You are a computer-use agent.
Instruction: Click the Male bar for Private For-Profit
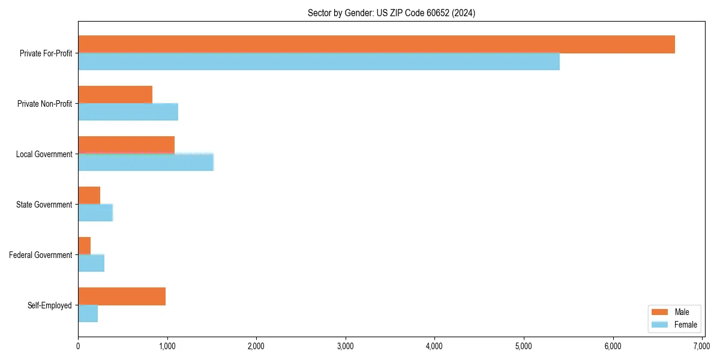(376, 44)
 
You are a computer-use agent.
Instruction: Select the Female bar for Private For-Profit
(319, 61)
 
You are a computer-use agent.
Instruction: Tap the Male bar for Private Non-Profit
(115, 95)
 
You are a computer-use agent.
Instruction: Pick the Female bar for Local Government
(146, 162)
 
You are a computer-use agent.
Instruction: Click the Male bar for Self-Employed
(122, 296)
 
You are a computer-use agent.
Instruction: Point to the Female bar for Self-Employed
(88, 313)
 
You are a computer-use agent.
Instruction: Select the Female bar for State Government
(95, 212)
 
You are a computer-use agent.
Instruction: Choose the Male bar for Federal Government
(84, 246)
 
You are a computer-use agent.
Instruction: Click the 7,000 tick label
(702, 346)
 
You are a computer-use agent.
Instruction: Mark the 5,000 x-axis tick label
(524, 346)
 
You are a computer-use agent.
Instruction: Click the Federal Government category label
(41, 255)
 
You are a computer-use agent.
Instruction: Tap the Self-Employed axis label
(50, 305)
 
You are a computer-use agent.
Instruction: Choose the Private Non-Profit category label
(44, 104)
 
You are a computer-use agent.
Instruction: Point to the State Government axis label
(44, 205)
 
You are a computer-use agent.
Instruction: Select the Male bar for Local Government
(126, 145)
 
